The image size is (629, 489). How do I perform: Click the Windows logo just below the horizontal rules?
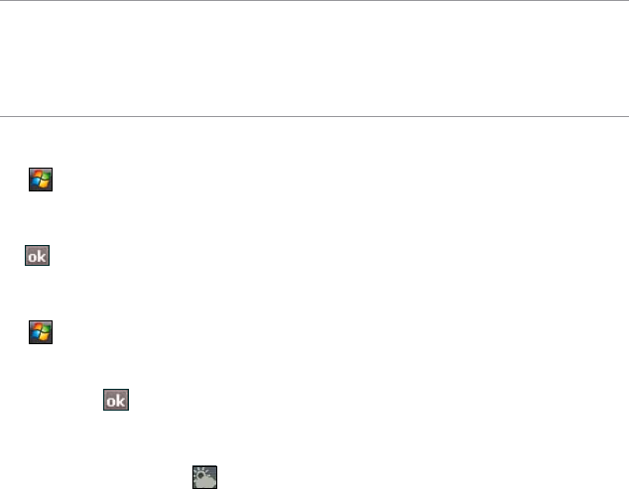point(41,180)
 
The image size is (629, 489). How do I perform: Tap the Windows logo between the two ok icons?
point(41,330)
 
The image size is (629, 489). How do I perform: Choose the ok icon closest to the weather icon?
point(117,401)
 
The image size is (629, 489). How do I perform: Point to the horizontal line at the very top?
point(314,1)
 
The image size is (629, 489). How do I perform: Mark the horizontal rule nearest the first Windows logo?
point(314,117)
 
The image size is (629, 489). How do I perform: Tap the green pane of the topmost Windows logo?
point(45,177)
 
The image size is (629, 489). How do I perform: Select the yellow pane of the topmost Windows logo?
point(45,184)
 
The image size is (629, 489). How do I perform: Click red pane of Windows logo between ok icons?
point(37,326)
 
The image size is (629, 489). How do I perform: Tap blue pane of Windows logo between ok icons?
point(36,334)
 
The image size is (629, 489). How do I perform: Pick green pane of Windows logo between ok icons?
point(45,327)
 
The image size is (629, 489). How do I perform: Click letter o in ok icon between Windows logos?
point(33,257)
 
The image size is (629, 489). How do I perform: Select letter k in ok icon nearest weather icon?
point(122,401)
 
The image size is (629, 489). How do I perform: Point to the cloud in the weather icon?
point(207,479)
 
